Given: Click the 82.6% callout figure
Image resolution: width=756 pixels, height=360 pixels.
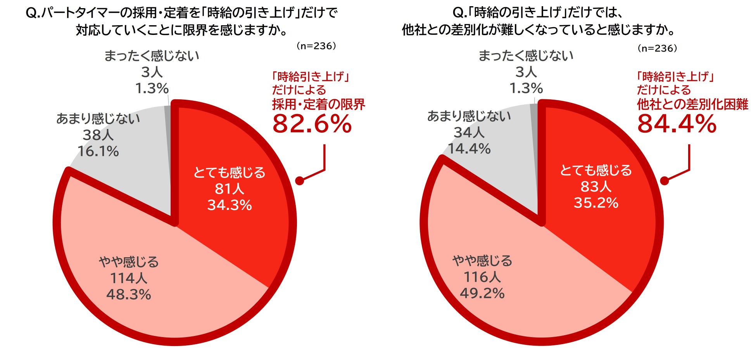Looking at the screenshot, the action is point(312,124).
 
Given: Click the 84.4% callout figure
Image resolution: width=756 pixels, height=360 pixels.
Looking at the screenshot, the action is point(677,124).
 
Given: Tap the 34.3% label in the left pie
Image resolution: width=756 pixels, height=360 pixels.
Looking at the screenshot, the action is point(230,205).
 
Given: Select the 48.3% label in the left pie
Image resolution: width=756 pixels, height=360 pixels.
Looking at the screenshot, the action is point(129,294).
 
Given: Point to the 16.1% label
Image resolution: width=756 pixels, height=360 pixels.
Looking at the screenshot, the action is point(98,151).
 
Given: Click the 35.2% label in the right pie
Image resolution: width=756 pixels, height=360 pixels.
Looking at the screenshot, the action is point(596,202).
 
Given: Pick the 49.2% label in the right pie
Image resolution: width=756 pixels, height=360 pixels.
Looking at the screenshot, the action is point(482,293).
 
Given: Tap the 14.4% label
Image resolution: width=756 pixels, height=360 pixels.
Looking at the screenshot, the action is point(469,149).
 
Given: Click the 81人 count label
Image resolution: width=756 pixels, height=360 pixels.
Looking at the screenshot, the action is point(230,189).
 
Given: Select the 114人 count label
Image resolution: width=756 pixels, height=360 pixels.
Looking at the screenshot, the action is point(129,278).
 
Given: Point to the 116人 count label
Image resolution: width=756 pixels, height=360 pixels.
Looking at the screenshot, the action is point(482,277).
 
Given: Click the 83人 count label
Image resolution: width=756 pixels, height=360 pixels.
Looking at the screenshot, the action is point(596,186).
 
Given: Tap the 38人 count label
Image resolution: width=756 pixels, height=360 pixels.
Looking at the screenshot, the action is point(98,135).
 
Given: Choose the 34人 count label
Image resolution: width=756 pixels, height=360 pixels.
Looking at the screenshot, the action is point(469,132).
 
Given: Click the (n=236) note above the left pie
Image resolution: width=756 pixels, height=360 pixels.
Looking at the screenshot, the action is point(316,46).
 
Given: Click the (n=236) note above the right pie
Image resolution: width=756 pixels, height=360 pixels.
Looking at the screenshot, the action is point(657,48).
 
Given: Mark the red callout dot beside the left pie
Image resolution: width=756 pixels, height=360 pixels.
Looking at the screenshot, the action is point(300,181).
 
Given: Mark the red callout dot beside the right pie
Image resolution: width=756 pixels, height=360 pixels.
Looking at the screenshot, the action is point(665,181).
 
